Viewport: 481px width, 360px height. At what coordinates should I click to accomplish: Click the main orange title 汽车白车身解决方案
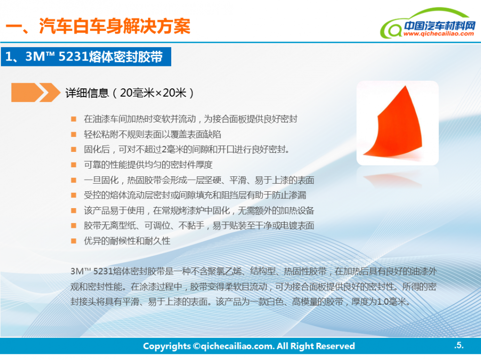[x=115, y=26]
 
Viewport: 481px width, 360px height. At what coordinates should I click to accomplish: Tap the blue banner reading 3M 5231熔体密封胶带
[x=86, y=57]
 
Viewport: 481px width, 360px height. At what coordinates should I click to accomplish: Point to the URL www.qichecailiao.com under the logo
[x=439, y=34]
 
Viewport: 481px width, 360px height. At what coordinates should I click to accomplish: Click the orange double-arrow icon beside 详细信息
[x=36, y=92]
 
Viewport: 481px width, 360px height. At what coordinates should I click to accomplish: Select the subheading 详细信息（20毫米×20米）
[x=130, y=93]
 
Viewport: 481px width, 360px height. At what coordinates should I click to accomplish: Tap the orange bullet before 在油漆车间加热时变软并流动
[x=74, y=119]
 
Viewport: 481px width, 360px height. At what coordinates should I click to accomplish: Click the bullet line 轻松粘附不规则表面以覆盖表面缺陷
[x=152, y=134]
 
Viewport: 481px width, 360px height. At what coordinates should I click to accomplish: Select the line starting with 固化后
[x=187, y=149]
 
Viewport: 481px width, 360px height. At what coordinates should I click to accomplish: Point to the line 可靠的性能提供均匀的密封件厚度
[x=148, y=165]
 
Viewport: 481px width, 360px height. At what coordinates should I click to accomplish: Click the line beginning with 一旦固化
[x=199, y=180]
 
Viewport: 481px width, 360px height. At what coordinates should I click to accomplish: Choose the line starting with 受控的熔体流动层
[x=195, y=195]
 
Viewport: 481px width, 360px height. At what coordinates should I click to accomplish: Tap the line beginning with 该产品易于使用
[x=199, y=211]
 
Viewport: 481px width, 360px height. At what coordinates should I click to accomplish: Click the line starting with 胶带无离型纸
[x=199, y=226]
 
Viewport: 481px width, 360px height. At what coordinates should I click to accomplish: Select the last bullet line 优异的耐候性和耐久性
[x=127, y=241]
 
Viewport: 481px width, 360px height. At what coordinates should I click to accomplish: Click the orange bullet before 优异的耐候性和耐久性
[x=74, y=241]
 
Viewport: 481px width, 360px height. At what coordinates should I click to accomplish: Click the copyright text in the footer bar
[x=249, y=346]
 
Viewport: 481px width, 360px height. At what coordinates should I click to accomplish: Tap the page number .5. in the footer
[x=459, y=345]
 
